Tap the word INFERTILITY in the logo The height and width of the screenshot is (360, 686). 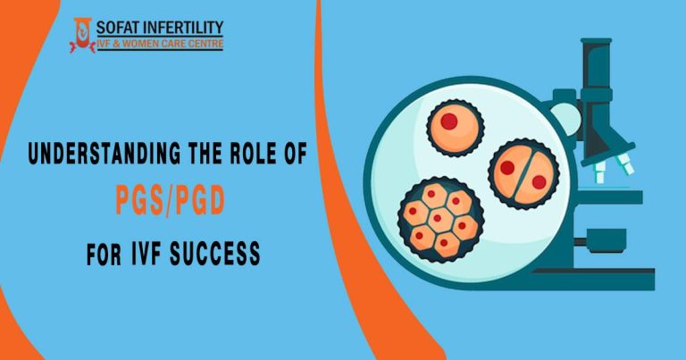coord(183,28)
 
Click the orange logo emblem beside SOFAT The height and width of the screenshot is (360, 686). coord(82,35)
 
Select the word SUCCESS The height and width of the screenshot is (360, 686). coord(215,253)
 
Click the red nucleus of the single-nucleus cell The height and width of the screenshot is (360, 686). coord(449,121)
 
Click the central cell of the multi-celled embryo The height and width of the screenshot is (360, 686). coord(439,216)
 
